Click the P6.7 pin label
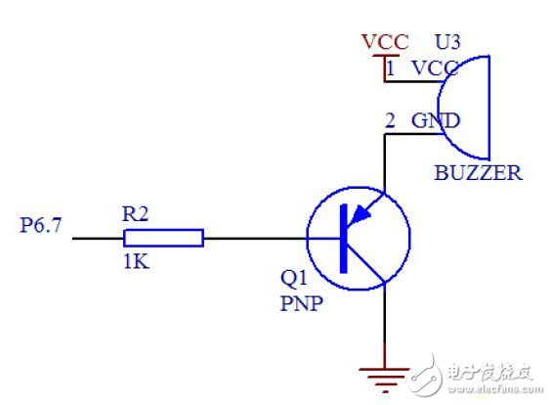[x=40, y=226]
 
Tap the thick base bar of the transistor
[x=344, y=238]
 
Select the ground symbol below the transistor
[x=384, y=373]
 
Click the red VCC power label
[x=384, y=42]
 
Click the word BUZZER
[x=478, y=174]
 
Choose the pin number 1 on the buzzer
[x=391, y=68]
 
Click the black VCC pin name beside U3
[x=436, y=68]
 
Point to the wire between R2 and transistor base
[x=254, y=238]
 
